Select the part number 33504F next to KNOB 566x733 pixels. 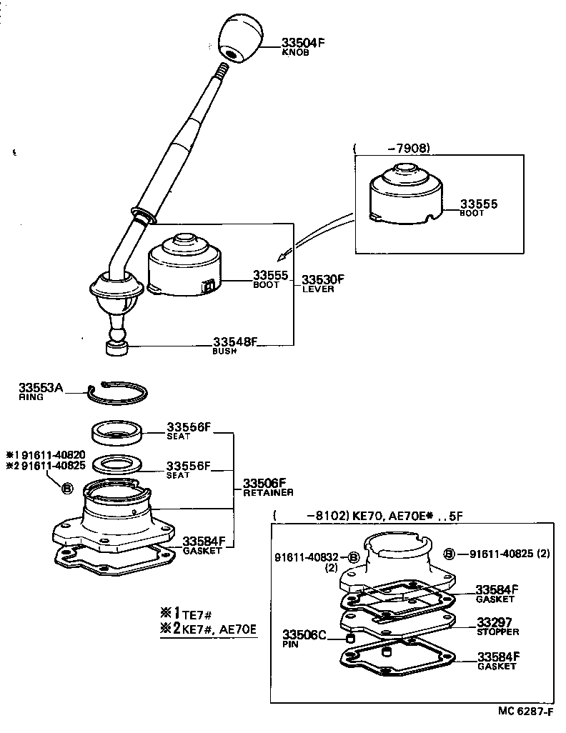303,43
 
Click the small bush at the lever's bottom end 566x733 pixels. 116,347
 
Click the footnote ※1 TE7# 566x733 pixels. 185,612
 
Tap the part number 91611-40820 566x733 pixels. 46,454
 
